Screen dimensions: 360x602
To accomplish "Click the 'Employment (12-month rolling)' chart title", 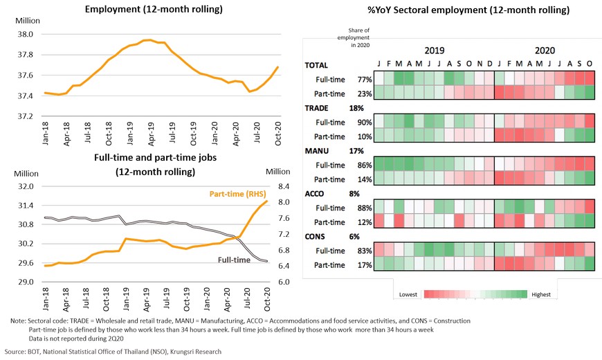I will (153, 10).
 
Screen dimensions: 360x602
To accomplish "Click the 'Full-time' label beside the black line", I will (234, 260).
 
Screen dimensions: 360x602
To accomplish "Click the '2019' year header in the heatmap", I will (434, 51).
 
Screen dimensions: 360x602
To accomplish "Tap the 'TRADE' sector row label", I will (318, 108).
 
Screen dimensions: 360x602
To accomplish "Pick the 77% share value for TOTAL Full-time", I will (365, 80).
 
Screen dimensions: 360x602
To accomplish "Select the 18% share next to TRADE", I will (356, 108).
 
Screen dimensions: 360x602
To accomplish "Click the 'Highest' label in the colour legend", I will (541, 295).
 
